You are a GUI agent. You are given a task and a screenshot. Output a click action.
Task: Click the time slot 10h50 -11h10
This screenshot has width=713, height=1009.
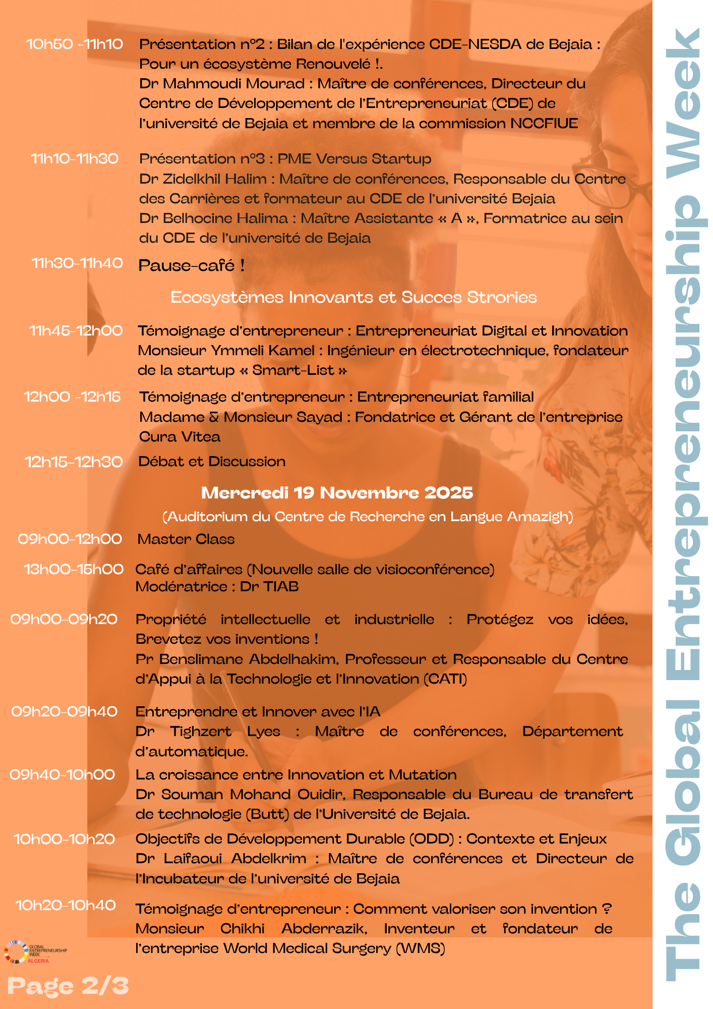click(x=75, y=44)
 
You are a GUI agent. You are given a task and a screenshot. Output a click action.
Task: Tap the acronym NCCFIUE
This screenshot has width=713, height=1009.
click(x=544, y=124)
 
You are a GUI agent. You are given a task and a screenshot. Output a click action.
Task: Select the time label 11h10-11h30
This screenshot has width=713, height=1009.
click(x=75, y=159)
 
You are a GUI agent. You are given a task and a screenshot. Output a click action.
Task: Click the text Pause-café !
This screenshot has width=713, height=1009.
click(x=192, y=265)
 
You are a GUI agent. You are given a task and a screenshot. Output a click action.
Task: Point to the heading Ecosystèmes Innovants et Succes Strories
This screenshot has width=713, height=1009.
click(x=353, y=297)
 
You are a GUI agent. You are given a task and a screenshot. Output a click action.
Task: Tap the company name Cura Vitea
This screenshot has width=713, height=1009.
click(x=180, y=437)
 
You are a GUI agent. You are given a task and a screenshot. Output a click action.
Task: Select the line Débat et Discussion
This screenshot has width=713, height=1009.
click(x=212, y=462)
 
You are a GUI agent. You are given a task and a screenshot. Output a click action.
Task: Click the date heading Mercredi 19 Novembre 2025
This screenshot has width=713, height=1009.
click(x=337, y=493)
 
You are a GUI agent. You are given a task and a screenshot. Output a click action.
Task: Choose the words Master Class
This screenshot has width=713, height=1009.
click(x=186, y=539)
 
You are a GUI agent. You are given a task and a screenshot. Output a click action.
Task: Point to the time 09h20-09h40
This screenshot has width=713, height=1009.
click(x=65, y=712)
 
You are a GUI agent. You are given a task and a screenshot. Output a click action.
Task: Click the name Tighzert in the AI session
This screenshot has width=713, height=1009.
click(x=201, y=732)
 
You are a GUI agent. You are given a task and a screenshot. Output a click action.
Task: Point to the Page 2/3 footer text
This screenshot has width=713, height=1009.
click(x=68, y=986)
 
